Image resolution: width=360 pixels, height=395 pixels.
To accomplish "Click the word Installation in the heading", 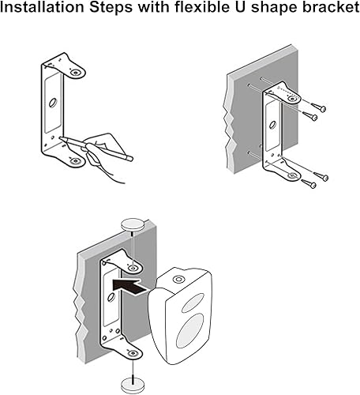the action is pos(42,7).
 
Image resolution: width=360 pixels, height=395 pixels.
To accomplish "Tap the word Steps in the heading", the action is pos(111,8).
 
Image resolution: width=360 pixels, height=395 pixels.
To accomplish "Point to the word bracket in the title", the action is pos(331,7).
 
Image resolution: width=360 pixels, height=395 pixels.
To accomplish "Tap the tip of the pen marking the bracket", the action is pos(60,137).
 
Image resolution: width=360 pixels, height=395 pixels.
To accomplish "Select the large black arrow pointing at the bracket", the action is pos(129,287).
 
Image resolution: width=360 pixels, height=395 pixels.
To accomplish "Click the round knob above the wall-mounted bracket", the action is pos(133,224).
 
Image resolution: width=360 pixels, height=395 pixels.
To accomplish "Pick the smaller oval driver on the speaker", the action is pos(193,303).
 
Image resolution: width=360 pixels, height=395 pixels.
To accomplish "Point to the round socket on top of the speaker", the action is pos(178,279).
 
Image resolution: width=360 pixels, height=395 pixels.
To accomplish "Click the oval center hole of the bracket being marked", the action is pos(53,102).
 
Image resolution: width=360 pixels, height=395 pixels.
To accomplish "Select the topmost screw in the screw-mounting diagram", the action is pos(318,107).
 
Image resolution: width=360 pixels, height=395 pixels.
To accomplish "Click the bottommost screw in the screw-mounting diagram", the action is pos(309,183).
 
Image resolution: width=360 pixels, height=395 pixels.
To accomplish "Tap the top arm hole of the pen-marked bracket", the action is pos(76,73).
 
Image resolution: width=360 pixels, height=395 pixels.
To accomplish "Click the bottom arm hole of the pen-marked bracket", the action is pos(75,160).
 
